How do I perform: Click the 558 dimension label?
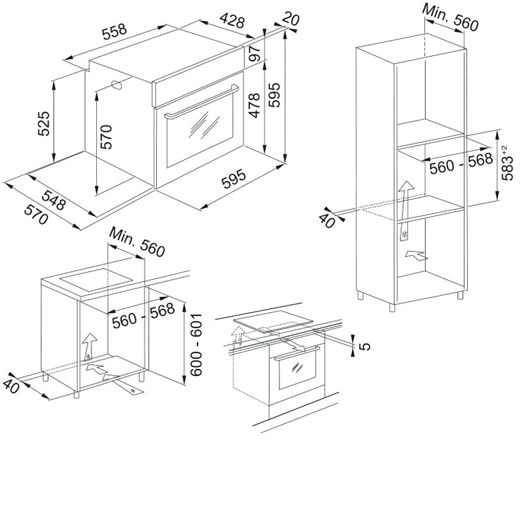[x=115, y=31]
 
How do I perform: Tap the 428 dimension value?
[x=233, y=21]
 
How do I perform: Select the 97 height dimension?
[x=255, y=53]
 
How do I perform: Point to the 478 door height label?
[x=255, y=105]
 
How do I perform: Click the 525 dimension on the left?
[x=43, y=123]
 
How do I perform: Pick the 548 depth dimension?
[x=53, y=200]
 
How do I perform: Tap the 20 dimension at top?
[x=291, y=18]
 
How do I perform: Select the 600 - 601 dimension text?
[x=196, y=345]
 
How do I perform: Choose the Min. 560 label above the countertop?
[x=137, y=242]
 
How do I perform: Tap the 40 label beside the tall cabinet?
[x=327, y=220]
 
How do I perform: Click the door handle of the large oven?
[x=202, y=102]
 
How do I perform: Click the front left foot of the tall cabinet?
[x=392, y=307]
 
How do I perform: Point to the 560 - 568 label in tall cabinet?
[x=461, y=163]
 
